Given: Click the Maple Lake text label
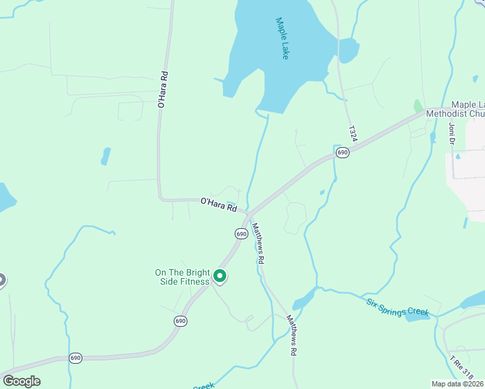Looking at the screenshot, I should (282, 39).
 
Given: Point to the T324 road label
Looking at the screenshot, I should (353, 134).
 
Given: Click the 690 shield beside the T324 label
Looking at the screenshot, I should (342, 153).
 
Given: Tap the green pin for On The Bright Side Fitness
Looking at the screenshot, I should (220, 277).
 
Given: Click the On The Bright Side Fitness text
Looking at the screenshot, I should (182, 277).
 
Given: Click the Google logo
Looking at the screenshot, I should (21, 381).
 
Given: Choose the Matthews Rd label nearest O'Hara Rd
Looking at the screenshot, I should (259, 242).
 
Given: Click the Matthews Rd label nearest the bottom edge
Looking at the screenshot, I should (293, 335).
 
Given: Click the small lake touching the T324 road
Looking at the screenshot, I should (348, 50).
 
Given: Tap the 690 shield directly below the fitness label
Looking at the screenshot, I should (180, 321).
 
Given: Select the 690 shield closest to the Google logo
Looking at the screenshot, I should (76, 358).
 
